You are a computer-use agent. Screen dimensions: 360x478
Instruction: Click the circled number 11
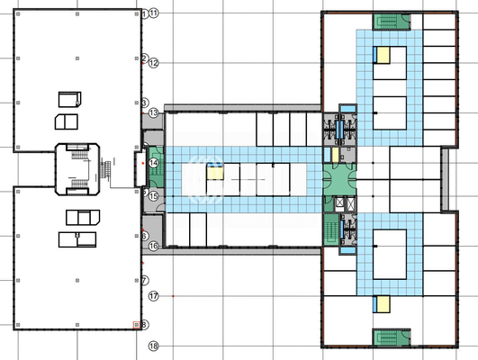[153, 13]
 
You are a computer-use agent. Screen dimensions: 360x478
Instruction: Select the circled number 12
[153, 63]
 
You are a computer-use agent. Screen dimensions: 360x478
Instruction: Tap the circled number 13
[153, 112]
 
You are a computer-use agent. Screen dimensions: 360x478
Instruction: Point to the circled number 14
[153, 162]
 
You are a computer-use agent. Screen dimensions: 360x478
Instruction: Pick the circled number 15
[153, 195]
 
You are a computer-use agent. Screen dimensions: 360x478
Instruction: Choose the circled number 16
[153, 246]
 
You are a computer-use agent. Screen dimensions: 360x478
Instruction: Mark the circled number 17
[153, 295]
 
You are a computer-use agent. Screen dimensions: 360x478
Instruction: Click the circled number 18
[153, 346]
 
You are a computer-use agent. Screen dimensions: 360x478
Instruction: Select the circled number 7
[143, 280]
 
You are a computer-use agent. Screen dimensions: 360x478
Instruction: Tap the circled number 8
[144, 325]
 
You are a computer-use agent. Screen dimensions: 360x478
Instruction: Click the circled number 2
[143, 58]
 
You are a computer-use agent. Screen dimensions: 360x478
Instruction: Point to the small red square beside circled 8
[136, 325]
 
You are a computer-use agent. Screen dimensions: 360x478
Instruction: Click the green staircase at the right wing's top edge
[390, 22]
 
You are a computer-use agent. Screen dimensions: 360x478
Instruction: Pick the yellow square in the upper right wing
[383, 55]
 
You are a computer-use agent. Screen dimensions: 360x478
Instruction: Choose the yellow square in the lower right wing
[383, 302]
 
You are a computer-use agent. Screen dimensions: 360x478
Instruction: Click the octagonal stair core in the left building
[76, 168]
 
